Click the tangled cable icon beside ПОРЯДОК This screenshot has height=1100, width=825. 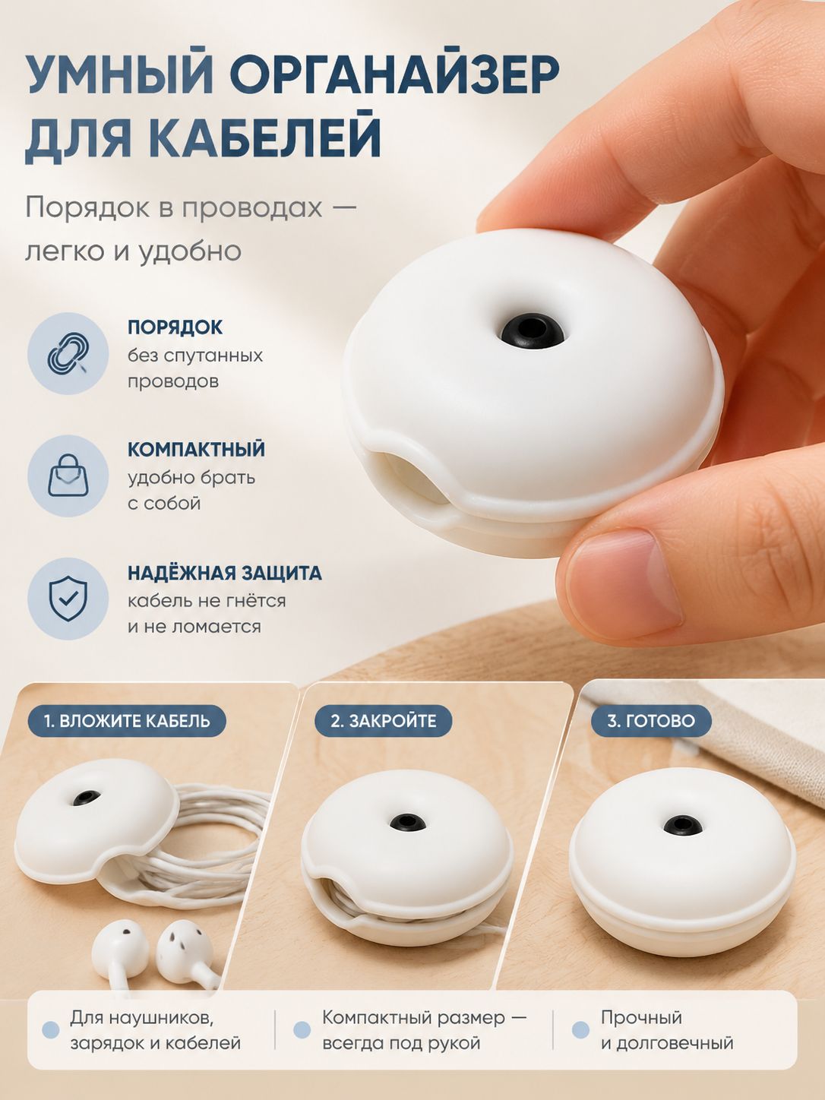point(68,354)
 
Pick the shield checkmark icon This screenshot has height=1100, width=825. point(68,598)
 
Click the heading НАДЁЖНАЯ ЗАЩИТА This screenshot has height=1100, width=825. point(225,573)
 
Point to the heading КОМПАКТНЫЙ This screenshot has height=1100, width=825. point(196,449)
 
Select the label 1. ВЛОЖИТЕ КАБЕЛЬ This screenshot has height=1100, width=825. point(127,721)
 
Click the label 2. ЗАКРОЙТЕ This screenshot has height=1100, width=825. point(383,721)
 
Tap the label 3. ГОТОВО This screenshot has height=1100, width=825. point(651,721)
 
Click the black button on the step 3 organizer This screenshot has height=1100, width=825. point(682,825)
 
